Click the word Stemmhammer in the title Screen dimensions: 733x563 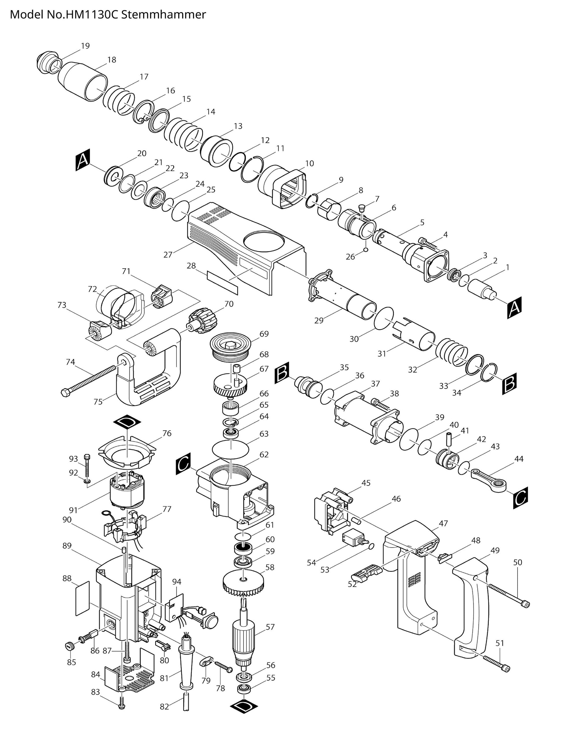163,15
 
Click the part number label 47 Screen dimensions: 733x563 443,523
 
